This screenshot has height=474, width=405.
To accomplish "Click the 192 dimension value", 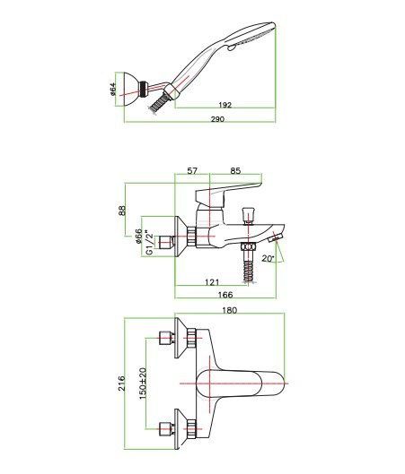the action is [225, 105].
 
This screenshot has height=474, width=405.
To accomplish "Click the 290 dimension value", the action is [217, 119].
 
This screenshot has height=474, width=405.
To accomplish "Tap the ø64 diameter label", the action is [112, 90].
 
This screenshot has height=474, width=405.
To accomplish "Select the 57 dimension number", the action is [192, 171].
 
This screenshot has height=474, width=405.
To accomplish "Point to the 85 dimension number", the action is [235, 171].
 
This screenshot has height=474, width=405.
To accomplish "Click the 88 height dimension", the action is [122, 211].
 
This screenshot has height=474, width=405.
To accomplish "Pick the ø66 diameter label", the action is [138, 236].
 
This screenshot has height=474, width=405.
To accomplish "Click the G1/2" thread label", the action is [148, 243].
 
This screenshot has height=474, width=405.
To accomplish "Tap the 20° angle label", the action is [269, 259].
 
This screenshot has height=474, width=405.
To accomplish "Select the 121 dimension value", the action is [212, 282].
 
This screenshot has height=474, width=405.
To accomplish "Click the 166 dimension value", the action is [225, 295].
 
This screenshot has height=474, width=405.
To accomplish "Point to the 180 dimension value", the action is [230, 310].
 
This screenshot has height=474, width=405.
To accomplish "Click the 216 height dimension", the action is [122, 384].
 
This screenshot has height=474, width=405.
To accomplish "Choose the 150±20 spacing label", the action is [143, 384].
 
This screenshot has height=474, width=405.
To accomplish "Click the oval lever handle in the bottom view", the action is [229, 384].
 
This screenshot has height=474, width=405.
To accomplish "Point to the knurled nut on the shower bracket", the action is [144, 90].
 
